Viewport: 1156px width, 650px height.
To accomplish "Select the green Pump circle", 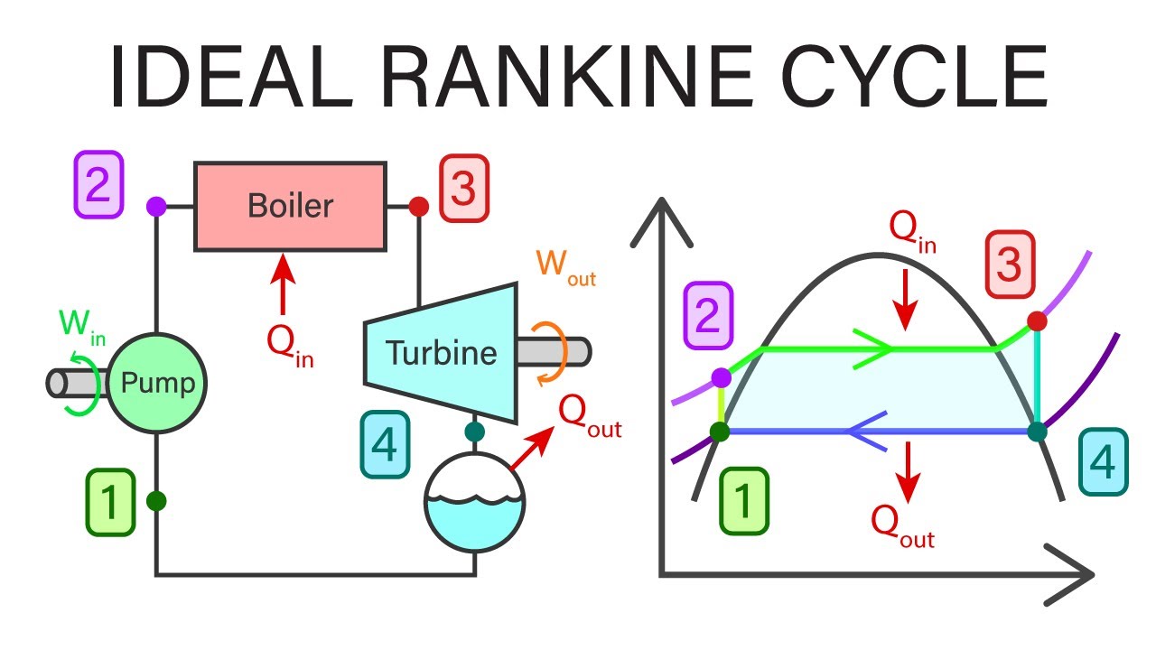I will [159, 384].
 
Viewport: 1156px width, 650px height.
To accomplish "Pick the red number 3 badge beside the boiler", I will [463, 187].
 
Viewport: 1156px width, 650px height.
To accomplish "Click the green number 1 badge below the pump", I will [111, 500].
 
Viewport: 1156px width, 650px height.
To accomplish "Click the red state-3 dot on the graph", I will [1037, 320].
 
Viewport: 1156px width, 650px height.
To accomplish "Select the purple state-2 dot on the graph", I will [721, 376].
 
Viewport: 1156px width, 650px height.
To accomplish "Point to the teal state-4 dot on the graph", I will [1037, 432].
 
